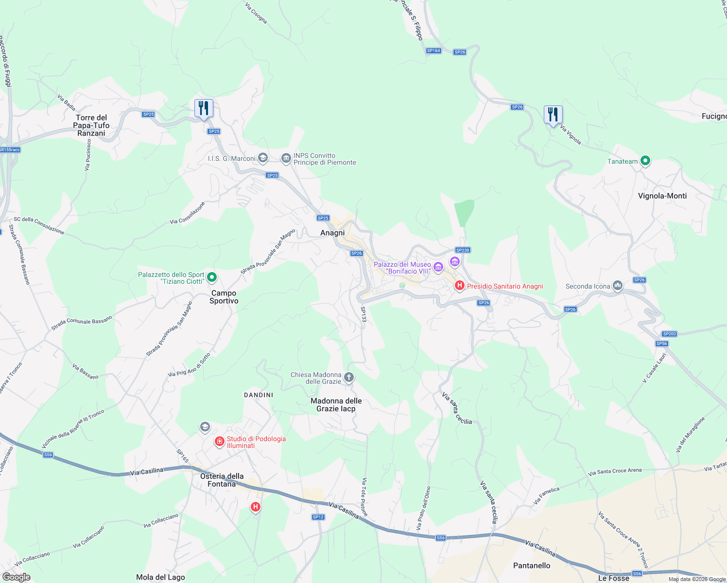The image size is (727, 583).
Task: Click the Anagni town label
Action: (x=332, y=233)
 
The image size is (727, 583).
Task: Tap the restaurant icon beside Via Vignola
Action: (x=553, y=115)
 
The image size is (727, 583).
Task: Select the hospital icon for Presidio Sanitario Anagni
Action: (x=459, y=286)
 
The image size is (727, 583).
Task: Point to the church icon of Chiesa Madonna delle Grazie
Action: (x=348, y=377)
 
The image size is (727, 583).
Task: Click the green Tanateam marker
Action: (x=645, y=161)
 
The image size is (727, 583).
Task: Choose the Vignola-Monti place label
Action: (x=662, y=196)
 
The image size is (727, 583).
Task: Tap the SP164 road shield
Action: (x=433, y=51)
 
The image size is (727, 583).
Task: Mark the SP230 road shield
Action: (x=463, y=250)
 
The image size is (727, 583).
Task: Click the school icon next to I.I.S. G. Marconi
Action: (x=262, y=158)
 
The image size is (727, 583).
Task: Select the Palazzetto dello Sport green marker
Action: (x=211, y=277)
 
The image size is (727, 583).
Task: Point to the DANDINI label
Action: (x=259, y=395)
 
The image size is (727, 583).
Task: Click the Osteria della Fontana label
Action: (x=222, y=480)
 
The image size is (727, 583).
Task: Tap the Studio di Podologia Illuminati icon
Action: (x=220, y=442)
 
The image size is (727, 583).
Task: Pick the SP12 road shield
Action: (x=318, y=517)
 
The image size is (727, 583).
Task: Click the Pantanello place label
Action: (x=532, y=566)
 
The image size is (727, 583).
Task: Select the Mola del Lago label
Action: (x=160, y=577)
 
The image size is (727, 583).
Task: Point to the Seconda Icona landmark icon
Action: (x=617, y=286)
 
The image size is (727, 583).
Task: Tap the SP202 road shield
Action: (x=669, y=334)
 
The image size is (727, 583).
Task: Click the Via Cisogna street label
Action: (x=256, y=14)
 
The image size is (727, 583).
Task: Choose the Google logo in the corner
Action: (x=17, y=577)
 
